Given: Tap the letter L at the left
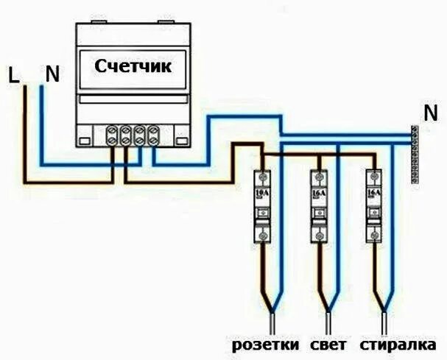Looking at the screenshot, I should coord(13,74).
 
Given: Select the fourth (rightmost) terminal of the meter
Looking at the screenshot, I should coord(153,135).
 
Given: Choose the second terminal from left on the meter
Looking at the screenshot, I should coord(127,135).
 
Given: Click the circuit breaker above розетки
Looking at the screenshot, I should coord(262,206).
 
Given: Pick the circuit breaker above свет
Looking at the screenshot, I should coord(319,206).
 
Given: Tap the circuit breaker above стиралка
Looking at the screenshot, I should coord(374,206).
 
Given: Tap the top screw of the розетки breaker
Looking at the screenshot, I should coord(262,178).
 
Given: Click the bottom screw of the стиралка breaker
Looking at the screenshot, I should coord(374,235).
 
